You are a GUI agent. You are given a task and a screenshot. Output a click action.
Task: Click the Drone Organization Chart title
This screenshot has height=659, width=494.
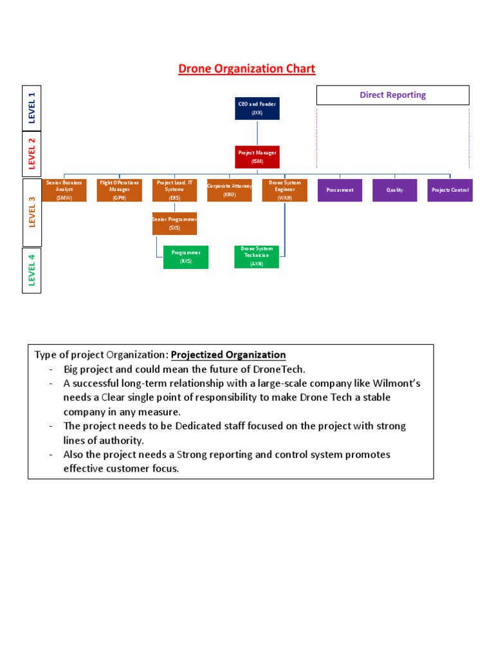click(x=247, y=69)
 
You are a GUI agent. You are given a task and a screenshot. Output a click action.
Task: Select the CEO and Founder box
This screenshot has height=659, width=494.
click(x=257, y=108)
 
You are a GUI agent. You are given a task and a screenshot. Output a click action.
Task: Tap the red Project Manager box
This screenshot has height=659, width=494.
click(x=257, y=156)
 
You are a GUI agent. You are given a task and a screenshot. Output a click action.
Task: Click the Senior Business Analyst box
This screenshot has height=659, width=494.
click(x=64, y=190)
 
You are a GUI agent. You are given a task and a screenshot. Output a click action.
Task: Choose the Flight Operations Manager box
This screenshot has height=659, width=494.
click(x=119, y=190)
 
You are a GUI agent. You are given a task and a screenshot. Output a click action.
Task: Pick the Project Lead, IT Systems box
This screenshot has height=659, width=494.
click(x=174, y=190)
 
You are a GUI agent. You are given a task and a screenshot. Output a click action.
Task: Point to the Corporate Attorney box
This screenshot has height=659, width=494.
click(x=230, y=190)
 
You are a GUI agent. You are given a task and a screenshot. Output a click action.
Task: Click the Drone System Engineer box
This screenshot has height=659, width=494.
click(x=285, y=190)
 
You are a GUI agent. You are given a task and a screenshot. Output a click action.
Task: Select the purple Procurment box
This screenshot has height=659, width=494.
click(x=340, y=190)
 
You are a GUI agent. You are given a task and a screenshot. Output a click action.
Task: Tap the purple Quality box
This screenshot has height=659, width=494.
click(x=395, y=190)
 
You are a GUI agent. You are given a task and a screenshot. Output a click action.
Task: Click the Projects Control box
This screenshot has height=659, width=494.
click(x=450, y=190)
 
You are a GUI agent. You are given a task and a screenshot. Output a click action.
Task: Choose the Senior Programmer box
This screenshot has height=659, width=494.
click(x=174, y=223)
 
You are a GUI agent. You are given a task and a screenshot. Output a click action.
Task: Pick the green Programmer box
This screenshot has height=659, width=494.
click(x=186, y=257)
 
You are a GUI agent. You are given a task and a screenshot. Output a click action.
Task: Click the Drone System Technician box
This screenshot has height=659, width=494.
click(x=257, y=256)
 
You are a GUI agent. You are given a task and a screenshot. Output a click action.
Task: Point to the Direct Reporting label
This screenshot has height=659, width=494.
click(x=392, y=95)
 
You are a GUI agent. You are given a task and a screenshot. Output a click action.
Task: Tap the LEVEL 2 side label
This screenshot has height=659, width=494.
click(x=32, y=153)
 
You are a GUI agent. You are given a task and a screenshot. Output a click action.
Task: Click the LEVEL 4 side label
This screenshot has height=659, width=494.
click(x=32, y=270)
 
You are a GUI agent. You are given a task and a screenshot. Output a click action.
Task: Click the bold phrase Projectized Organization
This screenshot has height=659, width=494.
click(x=228, y=355)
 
